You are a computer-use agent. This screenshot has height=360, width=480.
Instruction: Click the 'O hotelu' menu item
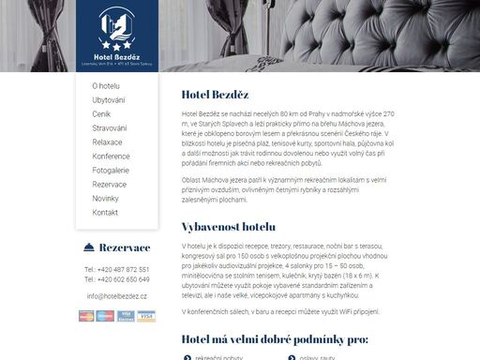tap(106, 86)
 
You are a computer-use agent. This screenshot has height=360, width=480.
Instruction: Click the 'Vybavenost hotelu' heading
tap(229, 227)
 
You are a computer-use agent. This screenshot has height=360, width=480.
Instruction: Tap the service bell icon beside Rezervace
tap(88, 247)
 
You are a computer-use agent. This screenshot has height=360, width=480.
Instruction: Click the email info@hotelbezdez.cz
tap(117, 295)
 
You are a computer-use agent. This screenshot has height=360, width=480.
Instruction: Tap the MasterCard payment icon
tap(88, 316)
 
